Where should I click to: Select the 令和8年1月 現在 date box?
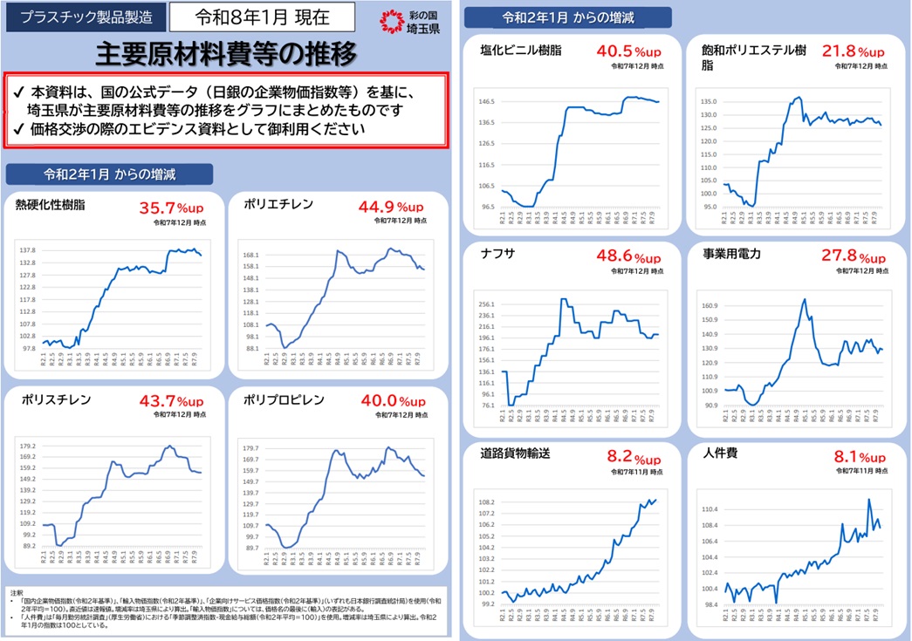[262, 17]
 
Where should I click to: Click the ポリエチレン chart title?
[278, 206]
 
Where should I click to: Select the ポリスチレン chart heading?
[53, 400]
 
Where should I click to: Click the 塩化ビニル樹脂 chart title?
[521, 51]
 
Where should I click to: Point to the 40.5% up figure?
[628, 52]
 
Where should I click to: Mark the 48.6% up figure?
[628, 258]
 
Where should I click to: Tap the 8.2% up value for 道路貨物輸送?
[634, 459]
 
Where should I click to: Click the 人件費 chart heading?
[720, 454]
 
